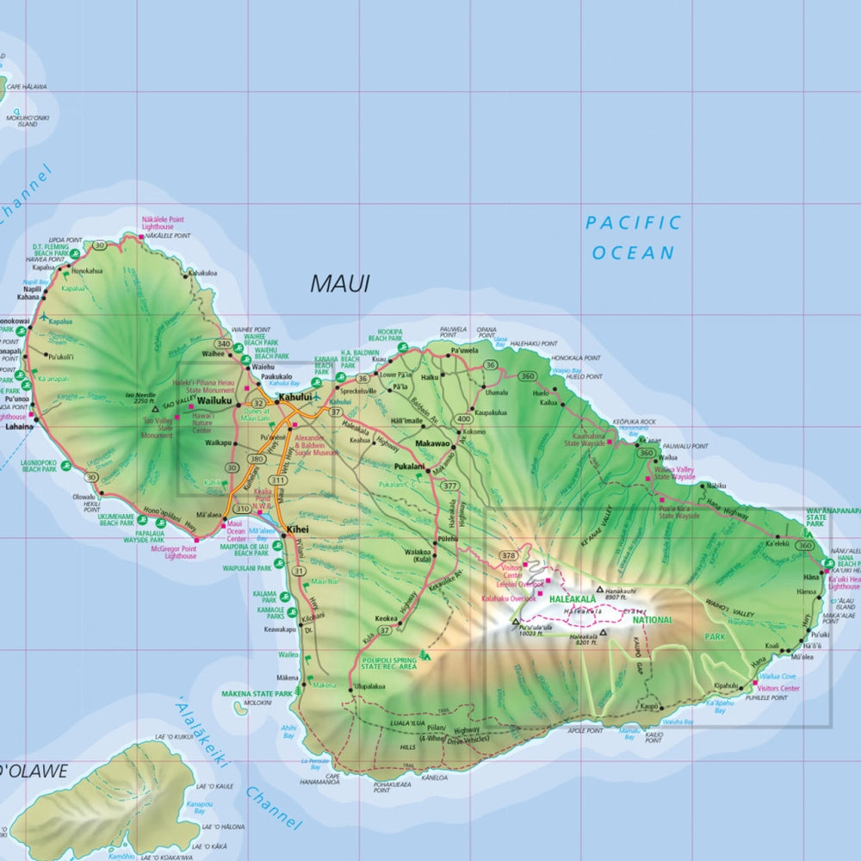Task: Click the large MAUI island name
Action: click(339, 283)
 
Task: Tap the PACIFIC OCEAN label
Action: click(634, 238)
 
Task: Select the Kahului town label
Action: click(294, 398)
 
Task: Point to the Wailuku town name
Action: click(214, 400)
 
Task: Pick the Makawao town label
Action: click(432, 443)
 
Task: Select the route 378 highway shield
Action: click(508, 555)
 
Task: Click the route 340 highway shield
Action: click(224, 344)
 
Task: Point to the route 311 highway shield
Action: click(277, 480)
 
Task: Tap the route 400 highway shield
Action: click(464, 418)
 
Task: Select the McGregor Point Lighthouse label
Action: click(173, 552)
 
